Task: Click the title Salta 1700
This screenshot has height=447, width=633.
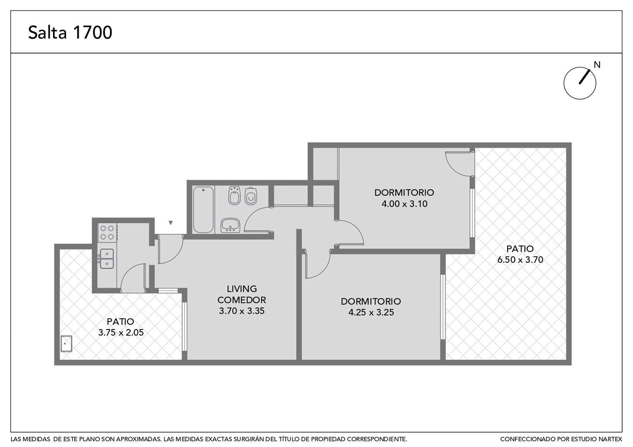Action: pos(70,32)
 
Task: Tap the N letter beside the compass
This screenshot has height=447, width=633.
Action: pos(597,65)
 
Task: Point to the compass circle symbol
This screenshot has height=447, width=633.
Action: pos(580,83)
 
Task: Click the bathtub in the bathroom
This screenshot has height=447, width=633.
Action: pos(203,209)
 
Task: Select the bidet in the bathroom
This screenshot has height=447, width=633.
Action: pos(234,195)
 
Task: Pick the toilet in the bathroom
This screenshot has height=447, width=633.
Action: pos(251,196)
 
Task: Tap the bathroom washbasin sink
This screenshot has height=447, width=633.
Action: pos(230,225)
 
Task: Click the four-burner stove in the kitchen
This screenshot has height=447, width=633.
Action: pos(107,232)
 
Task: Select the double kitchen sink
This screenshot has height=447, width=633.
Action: pos(107,259)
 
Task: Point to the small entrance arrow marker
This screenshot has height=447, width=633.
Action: pos(170,223)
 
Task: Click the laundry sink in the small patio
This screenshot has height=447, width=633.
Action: pos(66,344)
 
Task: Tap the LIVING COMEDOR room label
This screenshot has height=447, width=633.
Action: pos(242,294)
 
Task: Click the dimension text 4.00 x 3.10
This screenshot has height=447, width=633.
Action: pos(404,204)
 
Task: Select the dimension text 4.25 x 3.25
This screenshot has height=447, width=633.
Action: pos(371,312)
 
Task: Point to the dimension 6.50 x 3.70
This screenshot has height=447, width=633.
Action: pos(520,260)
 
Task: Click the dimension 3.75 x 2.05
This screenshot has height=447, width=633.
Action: pos(121,332)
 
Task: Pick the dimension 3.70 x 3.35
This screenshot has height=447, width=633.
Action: pos(242,311)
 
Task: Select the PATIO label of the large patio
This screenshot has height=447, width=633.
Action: pos(520,249)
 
